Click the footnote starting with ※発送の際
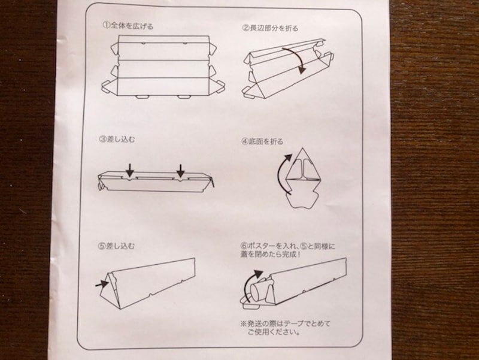(x=284, y=328)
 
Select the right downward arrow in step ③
(x=180, y=171)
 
